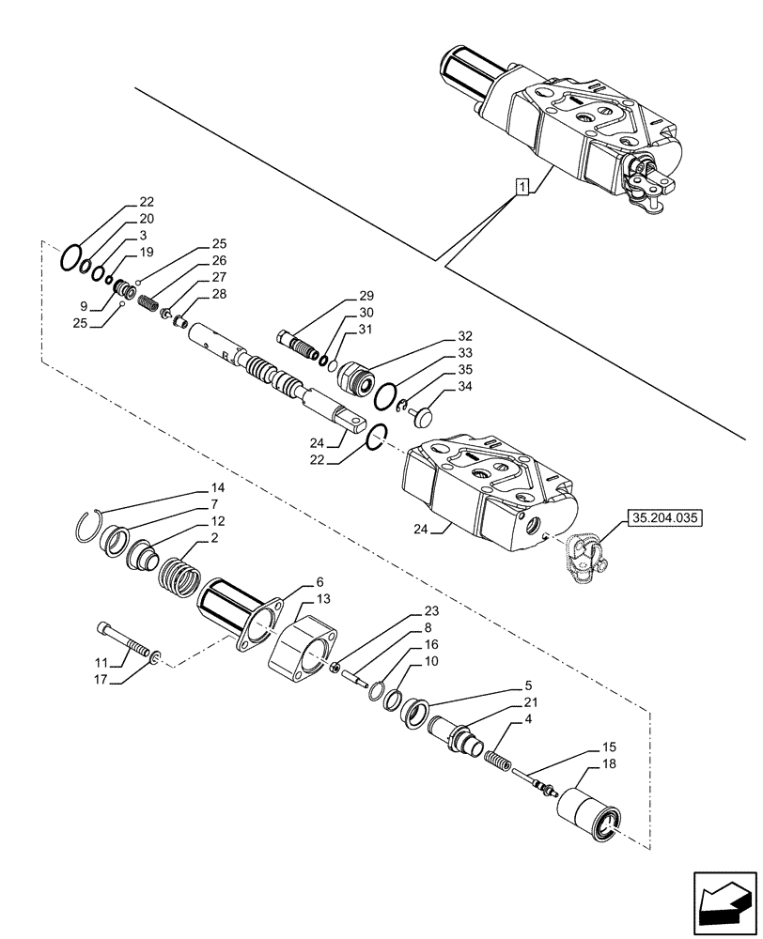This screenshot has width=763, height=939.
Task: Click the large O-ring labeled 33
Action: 385,397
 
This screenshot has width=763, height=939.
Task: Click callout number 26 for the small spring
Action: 218,260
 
